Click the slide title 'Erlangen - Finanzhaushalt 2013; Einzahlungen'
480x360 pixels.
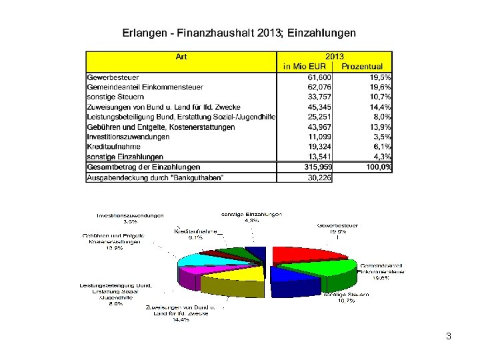[x=239, y=33]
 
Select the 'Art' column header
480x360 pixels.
[x=181, y=57]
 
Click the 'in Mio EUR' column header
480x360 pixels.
[x=304, y=67]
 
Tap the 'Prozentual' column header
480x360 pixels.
[x=362, y=67]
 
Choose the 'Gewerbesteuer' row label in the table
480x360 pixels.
[x=113, y=77]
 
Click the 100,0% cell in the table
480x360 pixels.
[x=377, y=167]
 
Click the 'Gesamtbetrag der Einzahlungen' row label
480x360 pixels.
[x=143, y=167]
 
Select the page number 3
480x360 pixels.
[x=449, y=337]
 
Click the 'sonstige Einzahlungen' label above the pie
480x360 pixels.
[x=252, y=215]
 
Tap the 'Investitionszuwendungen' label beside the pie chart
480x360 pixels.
[x=130, y=215]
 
